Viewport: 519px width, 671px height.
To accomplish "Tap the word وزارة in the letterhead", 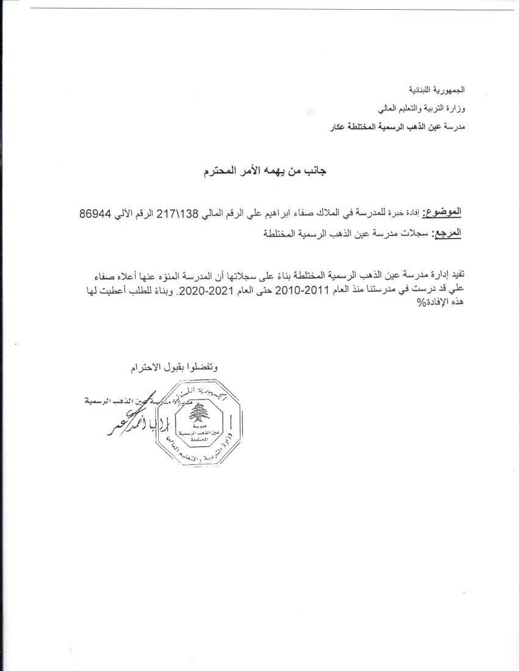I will (x=454, y=109).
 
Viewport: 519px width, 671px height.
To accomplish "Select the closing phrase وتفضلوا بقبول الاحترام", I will (x=175, y=367).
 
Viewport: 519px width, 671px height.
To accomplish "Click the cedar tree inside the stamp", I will (x=196, y=415).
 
